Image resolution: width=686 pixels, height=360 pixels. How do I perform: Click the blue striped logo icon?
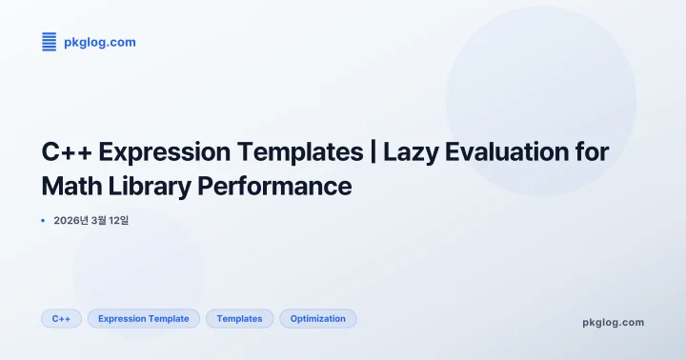(50, 41)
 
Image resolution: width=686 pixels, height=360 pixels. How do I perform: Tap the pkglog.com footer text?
(613, 322)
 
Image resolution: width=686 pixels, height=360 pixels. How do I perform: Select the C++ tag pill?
(61, 319)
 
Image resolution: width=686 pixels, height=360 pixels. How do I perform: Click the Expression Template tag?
(144, 319)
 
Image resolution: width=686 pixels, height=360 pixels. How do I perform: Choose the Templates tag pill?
(239, 319)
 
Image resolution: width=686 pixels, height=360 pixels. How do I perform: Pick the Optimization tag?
(317, 319)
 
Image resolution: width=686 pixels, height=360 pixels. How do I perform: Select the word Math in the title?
(71, 186)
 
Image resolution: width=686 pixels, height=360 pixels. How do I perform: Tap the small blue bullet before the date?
(44, 221)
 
